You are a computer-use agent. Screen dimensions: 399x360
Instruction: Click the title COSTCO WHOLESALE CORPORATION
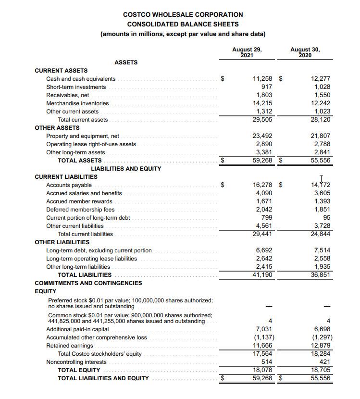click(183, 14)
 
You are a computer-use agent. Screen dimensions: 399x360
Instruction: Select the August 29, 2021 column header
click(247, 52)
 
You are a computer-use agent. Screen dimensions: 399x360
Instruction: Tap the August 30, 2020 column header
click(305, 52)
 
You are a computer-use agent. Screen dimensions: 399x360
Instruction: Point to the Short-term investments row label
click(76, 87)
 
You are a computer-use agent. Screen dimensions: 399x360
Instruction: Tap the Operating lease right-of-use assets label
click(91, 144)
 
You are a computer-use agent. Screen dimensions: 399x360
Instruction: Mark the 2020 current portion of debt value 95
click(326, 217)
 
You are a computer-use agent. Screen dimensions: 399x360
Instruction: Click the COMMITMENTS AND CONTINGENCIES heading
click(88, 283)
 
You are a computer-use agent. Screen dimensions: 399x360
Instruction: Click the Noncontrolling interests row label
click(76, 362)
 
